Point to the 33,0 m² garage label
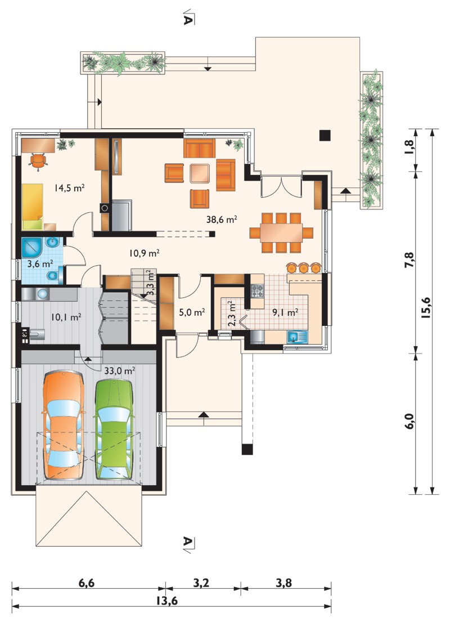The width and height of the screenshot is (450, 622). pos(120,371)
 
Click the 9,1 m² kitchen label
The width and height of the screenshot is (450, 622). pos(285,312)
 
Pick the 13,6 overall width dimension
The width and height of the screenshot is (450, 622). pos(166,601)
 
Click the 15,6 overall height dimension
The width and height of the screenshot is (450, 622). pos(426,307)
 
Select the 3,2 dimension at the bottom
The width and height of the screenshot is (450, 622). pos(201,583)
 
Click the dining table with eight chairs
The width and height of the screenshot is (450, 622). pos(281,233)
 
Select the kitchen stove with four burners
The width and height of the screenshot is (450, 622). pos(256,291)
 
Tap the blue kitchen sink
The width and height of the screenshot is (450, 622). pos(298,337)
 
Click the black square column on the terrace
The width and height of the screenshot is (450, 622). pos(325,135)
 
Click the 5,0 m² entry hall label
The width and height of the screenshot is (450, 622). pos(192,312)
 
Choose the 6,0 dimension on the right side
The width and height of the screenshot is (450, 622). pos(409,421)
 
